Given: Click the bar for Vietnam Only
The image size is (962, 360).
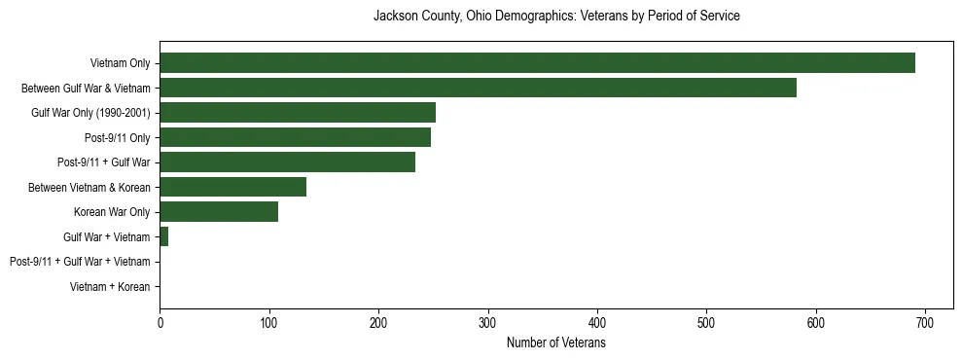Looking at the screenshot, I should (x=537, y=63).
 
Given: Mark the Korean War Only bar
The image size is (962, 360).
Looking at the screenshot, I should (x=219, y=212).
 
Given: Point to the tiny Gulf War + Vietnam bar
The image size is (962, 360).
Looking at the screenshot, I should (x=164, y=236).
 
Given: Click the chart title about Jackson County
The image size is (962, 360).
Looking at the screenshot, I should (x=557, y=17).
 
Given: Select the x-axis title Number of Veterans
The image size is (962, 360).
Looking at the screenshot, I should (x=556, y=343).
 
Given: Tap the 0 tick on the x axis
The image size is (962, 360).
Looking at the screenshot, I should (x=160, y=322).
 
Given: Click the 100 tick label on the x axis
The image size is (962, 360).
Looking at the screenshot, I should (x=269, y=322).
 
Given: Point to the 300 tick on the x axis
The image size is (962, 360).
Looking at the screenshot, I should (x=488, y=322).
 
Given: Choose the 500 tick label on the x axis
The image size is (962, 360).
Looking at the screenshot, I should (x=707, y=322).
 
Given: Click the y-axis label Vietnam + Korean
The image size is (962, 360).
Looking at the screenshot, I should (x=110, y=287).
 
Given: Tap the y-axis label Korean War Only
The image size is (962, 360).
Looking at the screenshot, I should (x=112, y=212).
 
